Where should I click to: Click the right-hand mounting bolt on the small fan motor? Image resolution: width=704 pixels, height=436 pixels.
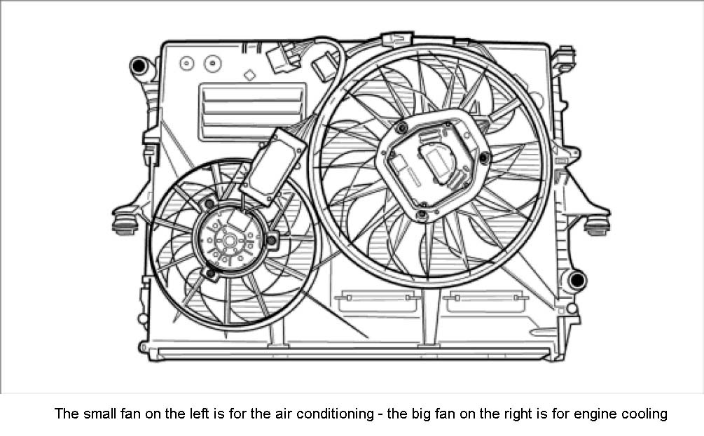tap(271, 241)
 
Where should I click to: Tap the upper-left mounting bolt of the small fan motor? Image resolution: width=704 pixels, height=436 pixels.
tap(209, 203)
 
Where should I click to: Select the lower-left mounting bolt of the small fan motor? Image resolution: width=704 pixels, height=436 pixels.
tap(209, 272)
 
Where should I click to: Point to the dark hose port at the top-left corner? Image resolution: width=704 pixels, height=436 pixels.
tap(139, 68)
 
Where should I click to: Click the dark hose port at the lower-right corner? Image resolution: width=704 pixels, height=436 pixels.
tap(576, 281)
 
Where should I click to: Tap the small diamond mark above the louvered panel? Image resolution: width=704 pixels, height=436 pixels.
tap(249, 74)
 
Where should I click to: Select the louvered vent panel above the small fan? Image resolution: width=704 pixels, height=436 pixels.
tap(252, 111)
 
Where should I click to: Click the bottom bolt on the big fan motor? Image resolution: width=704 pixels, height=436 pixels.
tap(422, 214)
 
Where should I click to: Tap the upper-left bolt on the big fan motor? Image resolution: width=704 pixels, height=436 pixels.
tap(401, 128)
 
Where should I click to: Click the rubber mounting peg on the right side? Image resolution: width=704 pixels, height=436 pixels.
tap(597, 225)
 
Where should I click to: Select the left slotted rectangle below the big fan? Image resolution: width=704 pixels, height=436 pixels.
tap(378, 301)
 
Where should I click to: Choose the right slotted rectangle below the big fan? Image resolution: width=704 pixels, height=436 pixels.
tap(485, 301)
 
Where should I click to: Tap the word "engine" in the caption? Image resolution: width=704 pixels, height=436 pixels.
tap(596, 414)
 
